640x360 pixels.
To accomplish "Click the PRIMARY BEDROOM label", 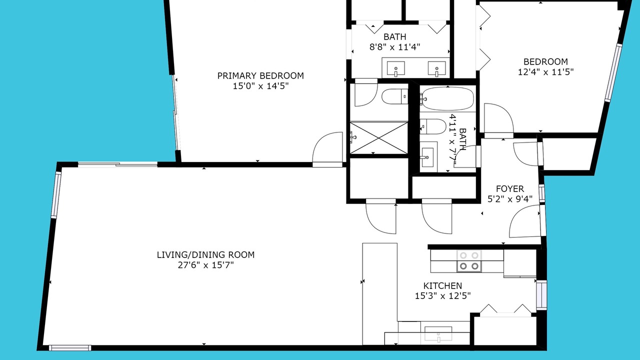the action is click(x=260, y=75).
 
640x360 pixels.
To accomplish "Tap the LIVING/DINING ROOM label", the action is click(x=205, y=254).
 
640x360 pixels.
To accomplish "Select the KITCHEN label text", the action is click(x=442, y=285).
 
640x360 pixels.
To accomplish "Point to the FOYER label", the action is click(x=510, y=189).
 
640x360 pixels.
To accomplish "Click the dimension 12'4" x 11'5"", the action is click(x=545, y=72).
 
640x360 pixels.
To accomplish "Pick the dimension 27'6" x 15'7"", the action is click(x=205, y=265).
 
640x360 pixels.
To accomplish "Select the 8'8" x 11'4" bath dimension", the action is click(x=394, y=47).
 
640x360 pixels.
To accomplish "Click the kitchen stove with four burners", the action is click(x=469, y=261).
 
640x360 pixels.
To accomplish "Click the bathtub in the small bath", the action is click(x=447, y=99).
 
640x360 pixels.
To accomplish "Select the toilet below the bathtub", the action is click(x=433, y=126).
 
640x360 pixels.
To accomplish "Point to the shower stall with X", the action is click(x=379, y=138).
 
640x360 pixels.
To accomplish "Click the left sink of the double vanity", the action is click(x=395, y=69).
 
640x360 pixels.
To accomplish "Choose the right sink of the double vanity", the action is click(x=437, y=69).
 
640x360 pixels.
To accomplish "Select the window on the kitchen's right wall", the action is click(x=541, y=295).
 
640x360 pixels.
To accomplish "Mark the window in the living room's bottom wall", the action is click(x=70, y=348).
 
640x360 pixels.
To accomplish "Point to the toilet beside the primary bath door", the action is click(x=395, y=96).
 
